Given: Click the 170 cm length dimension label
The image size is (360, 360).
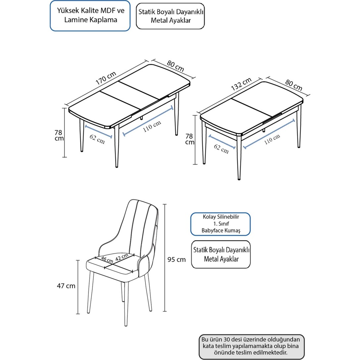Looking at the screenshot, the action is pos(106,78).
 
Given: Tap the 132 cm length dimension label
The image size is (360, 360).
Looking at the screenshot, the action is pos(241,84).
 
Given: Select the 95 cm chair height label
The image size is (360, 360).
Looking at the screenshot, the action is pos(177,259).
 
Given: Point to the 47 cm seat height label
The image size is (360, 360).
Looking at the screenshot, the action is pos(66,286).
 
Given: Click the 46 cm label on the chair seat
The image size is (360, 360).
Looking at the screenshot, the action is pos(107,259).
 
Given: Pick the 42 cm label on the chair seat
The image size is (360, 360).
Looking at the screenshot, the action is pos(122,257).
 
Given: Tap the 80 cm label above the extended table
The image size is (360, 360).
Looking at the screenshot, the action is pos(176,66).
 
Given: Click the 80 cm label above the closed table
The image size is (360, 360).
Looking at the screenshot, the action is pos(294,85).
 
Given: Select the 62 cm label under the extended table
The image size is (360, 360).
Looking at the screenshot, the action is pos(97,139).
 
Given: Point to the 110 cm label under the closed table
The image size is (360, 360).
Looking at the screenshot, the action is pos(272,139).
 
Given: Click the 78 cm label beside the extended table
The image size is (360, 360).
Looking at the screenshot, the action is pos(59,135).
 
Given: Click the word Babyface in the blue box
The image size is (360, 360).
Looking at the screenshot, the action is pos(212,231).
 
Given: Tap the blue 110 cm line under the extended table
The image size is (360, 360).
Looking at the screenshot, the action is pos(148,121).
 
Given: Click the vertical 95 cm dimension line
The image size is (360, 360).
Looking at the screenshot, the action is pos(165,258).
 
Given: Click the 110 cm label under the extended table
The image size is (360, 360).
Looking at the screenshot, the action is pos(152,127).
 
